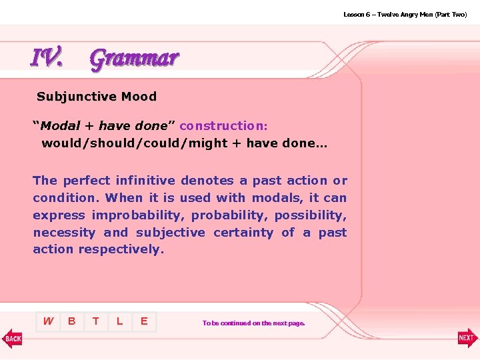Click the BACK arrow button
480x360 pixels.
point(12,338)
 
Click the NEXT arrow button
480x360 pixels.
point(467,338)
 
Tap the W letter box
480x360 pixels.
point(48,321)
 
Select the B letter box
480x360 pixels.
point(72,321)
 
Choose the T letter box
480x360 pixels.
point(96,321)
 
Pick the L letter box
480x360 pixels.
point(120,321)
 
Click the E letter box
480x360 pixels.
point(144,321)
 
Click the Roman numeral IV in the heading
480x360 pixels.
point(47,59)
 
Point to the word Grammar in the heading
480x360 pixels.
point(134,59)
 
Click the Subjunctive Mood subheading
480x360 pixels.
point(97,97)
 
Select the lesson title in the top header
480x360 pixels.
point(405,14)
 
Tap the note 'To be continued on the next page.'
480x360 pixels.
point(253,323)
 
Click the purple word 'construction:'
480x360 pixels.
point(223,126)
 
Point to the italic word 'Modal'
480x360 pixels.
point(60,126)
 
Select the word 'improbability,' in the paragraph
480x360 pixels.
point(136,215)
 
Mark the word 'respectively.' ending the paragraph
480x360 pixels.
point(121,250)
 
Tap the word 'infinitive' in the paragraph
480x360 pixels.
point(145,181)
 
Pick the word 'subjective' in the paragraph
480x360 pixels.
point(171,233)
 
